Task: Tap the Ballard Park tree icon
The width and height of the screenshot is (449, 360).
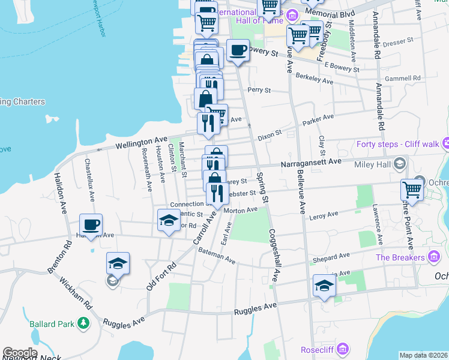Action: pyautogui.click(x=83, y=325)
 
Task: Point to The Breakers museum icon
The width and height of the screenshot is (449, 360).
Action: pyautogui.click(x=434, y=257)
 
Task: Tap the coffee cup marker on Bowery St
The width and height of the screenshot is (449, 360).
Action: pyautogui.click(x=238, y=50)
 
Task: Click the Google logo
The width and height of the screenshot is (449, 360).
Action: pyautogui.click(x=20, y=353)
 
